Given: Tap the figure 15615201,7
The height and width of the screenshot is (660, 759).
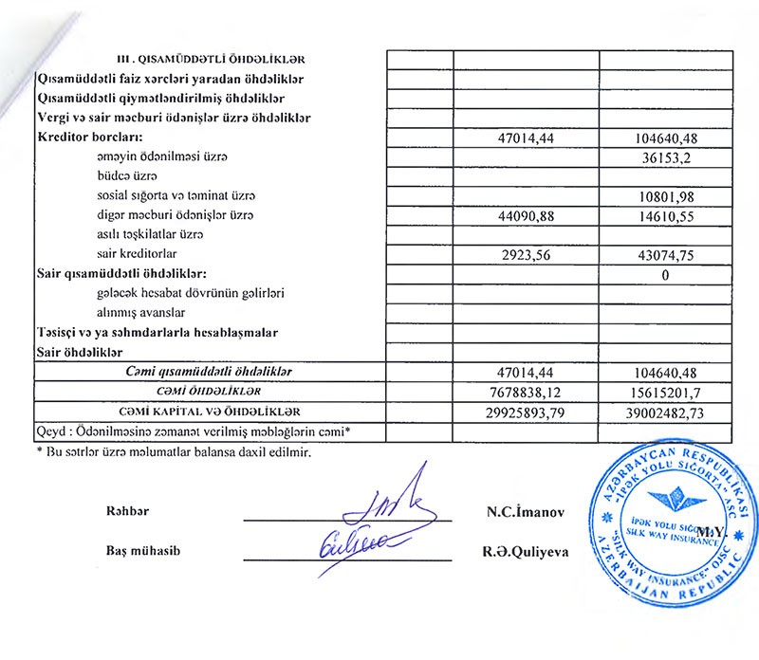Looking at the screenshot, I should tap(664, 392).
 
